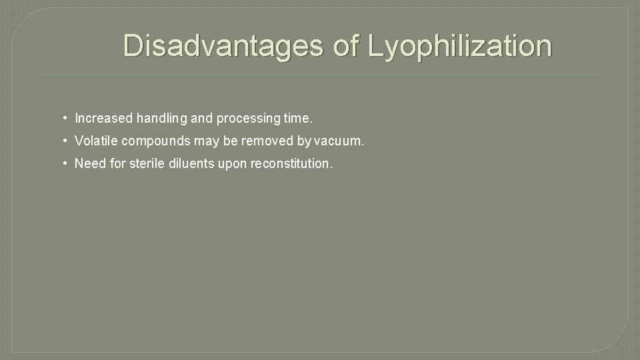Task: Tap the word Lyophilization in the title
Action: pos(461,47)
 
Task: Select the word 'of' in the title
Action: pos(345,47)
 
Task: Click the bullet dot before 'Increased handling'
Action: pos(65,119)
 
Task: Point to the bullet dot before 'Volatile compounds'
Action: pos(65,141)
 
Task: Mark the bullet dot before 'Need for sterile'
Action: pos(65,163)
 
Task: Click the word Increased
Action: pos(103,119)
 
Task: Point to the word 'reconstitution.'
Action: pos(291,163)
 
